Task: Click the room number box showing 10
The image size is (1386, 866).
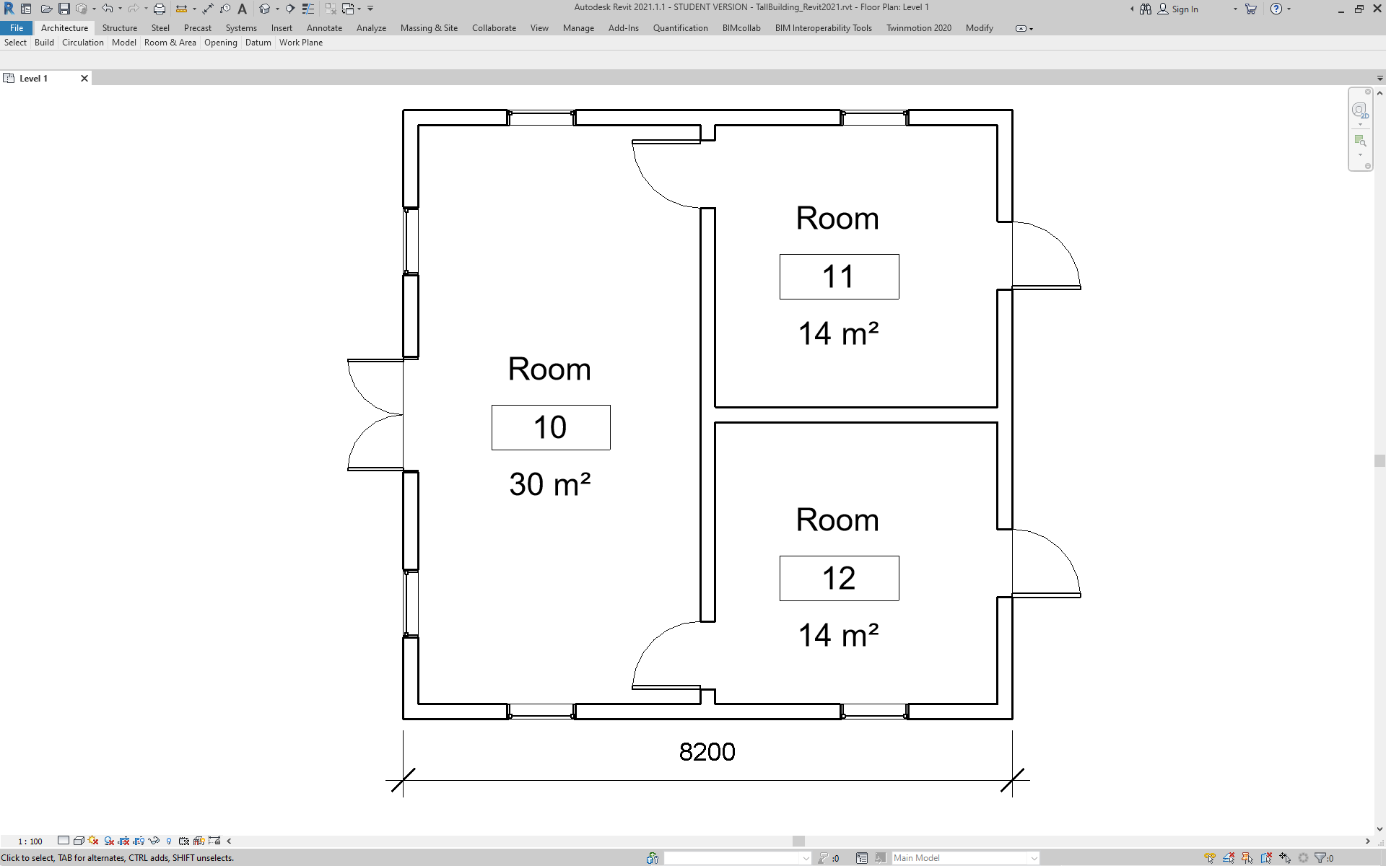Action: tap(551, 427)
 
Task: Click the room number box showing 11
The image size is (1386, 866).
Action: tap(839, 276)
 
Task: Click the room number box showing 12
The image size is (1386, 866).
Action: tap(839, 578)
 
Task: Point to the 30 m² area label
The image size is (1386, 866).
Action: tap(550, 484)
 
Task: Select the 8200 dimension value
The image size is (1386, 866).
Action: tap(707, 752)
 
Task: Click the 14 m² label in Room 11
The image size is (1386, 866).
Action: tap(838, 333)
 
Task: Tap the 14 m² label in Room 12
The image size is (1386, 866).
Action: tap(838, 635)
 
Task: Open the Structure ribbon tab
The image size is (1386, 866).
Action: tap(119, 28)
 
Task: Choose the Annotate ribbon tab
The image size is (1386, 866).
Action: tap(324, 28)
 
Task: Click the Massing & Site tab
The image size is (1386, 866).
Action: tap(429, 28)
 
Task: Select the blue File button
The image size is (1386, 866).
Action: tap(17, 28)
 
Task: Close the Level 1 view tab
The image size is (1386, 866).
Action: tap(84, 79)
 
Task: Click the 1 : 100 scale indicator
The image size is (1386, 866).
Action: tap(30, 841)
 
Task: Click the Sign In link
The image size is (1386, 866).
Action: tap(1185, 9)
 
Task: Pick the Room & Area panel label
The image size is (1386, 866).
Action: tap(170, 43)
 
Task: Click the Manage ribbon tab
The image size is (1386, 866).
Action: tap(578, 28)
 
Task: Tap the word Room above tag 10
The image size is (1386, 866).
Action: tap(549, 369)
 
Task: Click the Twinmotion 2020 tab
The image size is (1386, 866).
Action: tap(918, 28)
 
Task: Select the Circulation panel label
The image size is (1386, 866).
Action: tap(83, 43)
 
